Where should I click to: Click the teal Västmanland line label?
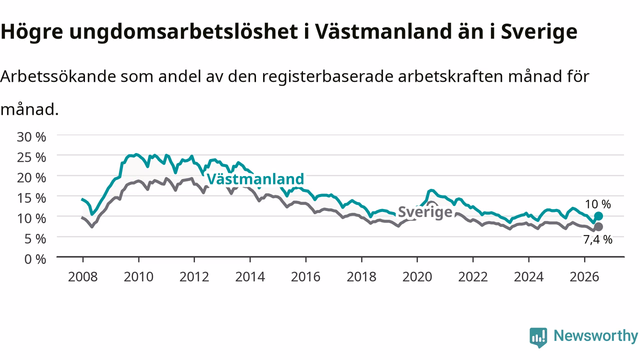coord(255,179)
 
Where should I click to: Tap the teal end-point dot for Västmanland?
coord(598,216)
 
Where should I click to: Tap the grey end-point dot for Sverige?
coord(598,227)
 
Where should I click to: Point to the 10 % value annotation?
coord(597,204)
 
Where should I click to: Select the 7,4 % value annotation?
coord(597,239)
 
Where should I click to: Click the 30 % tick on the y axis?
coord(31,137)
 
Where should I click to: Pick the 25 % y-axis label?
coord(31,157)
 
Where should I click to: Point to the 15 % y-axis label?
coord(31,198)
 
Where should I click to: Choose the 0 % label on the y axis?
coord(35,259)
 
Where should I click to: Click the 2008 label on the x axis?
coord(83,277)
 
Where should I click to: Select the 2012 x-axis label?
coord(194,277)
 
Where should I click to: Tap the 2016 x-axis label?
coord(305,277)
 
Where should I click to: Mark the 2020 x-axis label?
coord(417,277)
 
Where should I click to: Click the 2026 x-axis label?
coord(584,277)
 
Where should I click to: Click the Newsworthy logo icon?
coord(538,337)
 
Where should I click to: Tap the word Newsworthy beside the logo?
coord(595,336)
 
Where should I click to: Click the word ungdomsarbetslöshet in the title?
coord(183,32)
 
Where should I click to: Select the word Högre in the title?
coord(31,32)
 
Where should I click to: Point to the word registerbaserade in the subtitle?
coord(327,76)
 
